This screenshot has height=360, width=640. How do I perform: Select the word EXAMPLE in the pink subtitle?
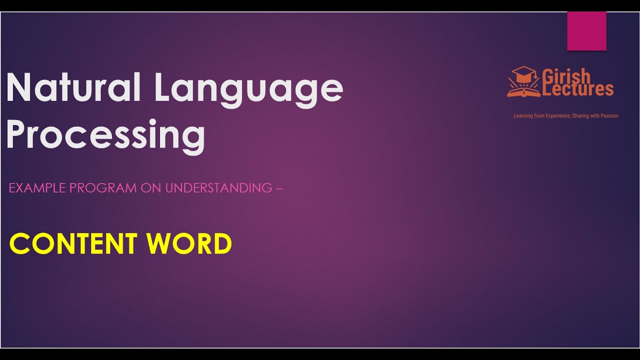click(x=37, y=188)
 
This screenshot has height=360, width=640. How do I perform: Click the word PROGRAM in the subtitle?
click(x=102, y=188)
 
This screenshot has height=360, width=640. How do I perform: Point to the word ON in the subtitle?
click(x=151, y=188)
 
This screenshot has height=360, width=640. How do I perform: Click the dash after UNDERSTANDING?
click(x=279, y=188)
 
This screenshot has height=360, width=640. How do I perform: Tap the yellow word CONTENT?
click(x=73, y=244)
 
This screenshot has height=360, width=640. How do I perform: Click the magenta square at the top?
click(x=586, y=31)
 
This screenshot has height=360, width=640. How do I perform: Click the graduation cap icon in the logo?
click(x=524, y=75)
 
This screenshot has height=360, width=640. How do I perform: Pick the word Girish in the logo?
click(x=566, y=76)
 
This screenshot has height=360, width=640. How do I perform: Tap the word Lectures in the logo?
click(x=578, y=89)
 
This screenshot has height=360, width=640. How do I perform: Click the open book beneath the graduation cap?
click(x=523, y=91)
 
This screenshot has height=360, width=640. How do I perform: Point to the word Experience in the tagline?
click(x=556, y=116)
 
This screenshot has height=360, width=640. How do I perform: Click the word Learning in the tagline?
click(x=522, y=116)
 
